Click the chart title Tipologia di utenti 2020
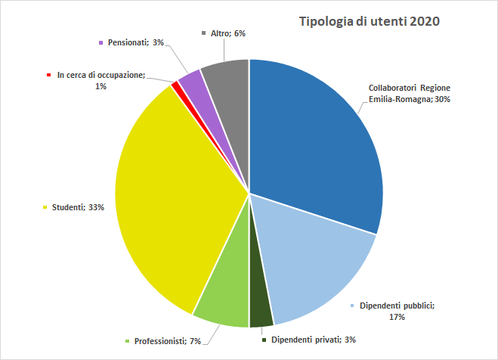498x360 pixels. [x=370, y=21]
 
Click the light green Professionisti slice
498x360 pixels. [x=223, y=299]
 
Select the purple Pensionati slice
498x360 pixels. [x=190, y=79]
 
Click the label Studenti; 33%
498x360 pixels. [x=78, y=206]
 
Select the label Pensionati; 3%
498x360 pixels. [x=135, y=42]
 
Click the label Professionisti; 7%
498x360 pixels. [x=167, y=341]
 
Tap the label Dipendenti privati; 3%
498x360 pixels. [x=313, y=340]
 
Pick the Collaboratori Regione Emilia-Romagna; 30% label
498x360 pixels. [x=409, y=93]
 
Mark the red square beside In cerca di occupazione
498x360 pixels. [x=48, y=76]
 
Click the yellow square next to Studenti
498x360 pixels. [x=47, y=206]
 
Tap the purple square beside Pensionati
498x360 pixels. [x=101, y=42]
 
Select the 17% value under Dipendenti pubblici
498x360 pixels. [x=397, y=317]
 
